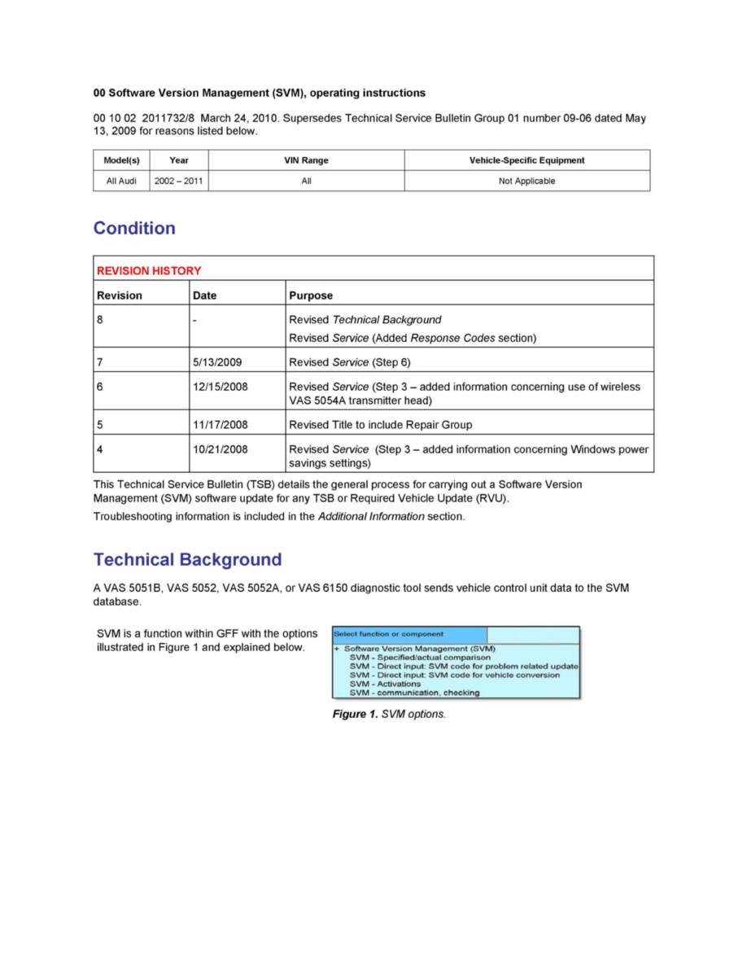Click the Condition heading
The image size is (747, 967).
134,229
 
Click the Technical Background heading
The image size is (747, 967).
187,560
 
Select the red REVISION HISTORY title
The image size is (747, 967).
149,270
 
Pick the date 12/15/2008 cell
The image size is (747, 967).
221,387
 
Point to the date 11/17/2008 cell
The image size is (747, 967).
221,425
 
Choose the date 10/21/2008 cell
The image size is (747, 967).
221,449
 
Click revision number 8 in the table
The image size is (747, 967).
100,319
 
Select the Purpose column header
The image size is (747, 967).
311,295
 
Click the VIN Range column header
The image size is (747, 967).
306,160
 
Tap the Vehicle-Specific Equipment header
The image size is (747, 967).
526,160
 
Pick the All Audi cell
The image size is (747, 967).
121,182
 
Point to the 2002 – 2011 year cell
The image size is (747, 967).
178,182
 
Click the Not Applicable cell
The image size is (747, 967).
526,182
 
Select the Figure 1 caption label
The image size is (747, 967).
389,714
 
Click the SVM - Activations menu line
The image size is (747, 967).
385,685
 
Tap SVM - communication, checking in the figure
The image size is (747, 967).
414,694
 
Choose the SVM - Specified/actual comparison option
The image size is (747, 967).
420,658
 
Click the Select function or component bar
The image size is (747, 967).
409,634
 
